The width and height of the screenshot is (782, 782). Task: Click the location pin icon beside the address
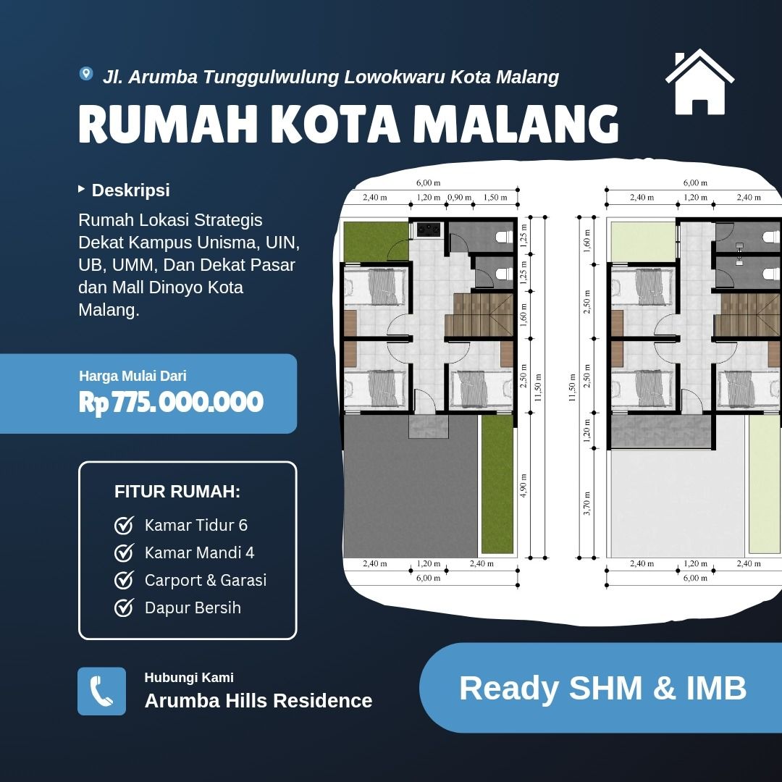tap(85, 74)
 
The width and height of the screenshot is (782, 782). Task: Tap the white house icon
tap(699, 82)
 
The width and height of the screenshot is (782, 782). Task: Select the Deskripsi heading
tap(130, 190)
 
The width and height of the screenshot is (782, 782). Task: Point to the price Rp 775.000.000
tap(171, 402)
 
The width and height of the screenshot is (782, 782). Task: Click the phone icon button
tap(102, 691)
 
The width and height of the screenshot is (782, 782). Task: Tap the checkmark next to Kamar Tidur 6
tap(124, 525)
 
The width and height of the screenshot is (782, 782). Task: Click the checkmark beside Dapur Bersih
tap(124, 607)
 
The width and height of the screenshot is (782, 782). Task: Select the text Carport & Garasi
tap(206, 580)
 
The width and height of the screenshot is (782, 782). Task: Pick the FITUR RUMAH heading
tap(177, 492)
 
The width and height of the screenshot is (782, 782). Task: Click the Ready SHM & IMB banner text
tap(602, 689)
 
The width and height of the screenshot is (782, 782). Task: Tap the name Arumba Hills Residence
tap(258, 701)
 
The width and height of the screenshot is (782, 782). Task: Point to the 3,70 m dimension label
tap(586, 503)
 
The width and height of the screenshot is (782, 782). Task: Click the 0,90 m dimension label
tap(459, 198)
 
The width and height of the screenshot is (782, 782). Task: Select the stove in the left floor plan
tap(429, 229)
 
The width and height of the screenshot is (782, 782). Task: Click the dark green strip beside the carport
tap(497, 484)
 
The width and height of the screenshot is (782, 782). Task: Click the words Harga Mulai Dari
tap(133, 376)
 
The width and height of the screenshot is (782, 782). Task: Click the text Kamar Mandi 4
tap(200, 552)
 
